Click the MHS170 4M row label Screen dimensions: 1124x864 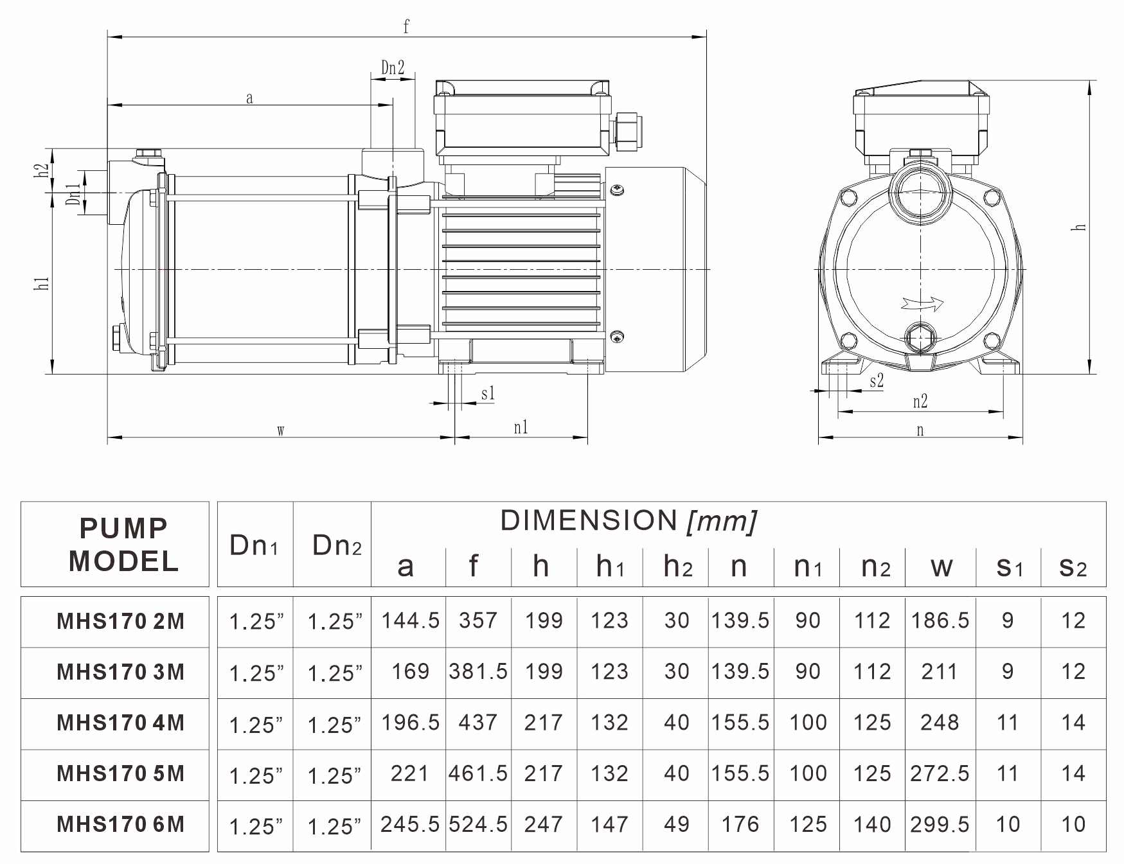[x=120, y=723]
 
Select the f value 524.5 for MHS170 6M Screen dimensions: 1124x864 [x=478, y=824]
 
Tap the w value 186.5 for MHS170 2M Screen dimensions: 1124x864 [x=940, y=620]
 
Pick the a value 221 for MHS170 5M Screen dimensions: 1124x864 [x=409, y=773]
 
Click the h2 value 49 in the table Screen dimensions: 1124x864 [x=676, y=824]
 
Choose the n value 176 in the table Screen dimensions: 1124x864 [x=740, y=824]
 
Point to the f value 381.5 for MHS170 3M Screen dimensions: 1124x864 [x=478, y=671]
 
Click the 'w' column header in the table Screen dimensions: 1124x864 [x=941, y=567]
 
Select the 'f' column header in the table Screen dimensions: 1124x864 [x=474, y=565]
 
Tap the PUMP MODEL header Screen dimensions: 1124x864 [x=123, y=545]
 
